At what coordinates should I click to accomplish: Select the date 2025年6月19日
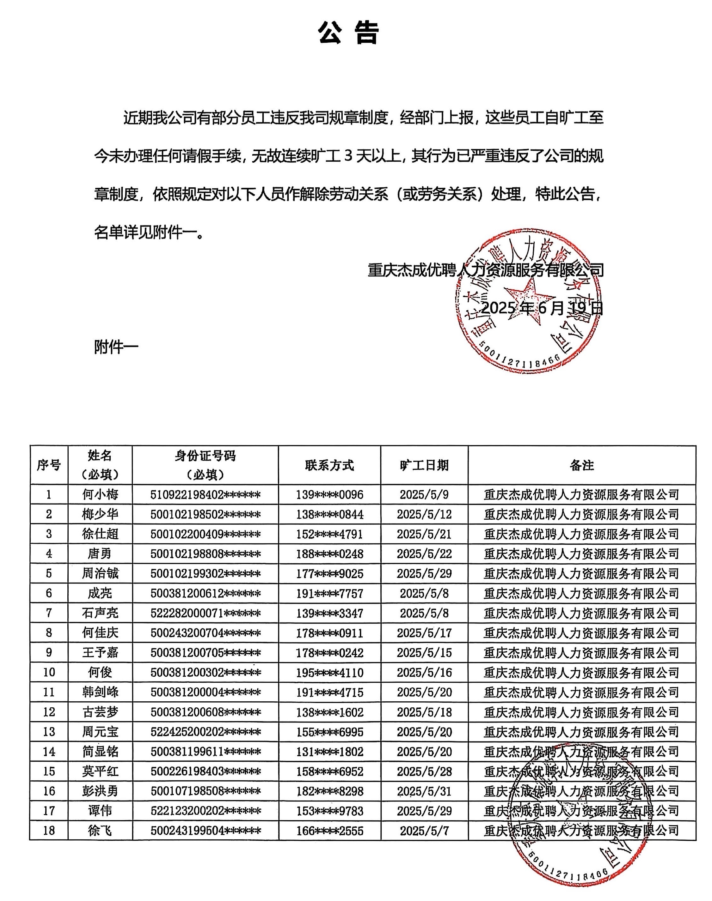(542, 308)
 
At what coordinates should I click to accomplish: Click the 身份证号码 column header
(205, 464)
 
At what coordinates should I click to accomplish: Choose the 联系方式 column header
(329, 465)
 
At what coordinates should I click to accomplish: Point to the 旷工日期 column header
(424, 465)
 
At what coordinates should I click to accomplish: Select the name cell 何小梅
(100, 494)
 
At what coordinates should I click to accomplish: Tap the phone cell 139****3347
(329, 613)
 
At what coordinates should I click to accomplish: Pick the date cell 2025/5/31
(424, 791)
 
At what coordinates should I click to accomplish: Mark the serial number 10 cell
(49, 672)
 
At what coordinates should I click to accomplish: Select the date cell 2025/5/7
(424, 831)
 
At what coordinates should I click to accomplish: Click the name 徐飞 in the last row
(100, 831)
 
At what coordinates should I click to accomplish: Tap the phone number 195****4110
(329, 672)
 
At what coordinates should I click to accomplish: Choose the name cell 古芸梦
(100, 712)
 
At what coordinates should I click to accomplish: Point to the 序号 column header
(49, 465)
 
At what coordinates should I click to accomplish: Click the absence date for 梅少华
(424, 514)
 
